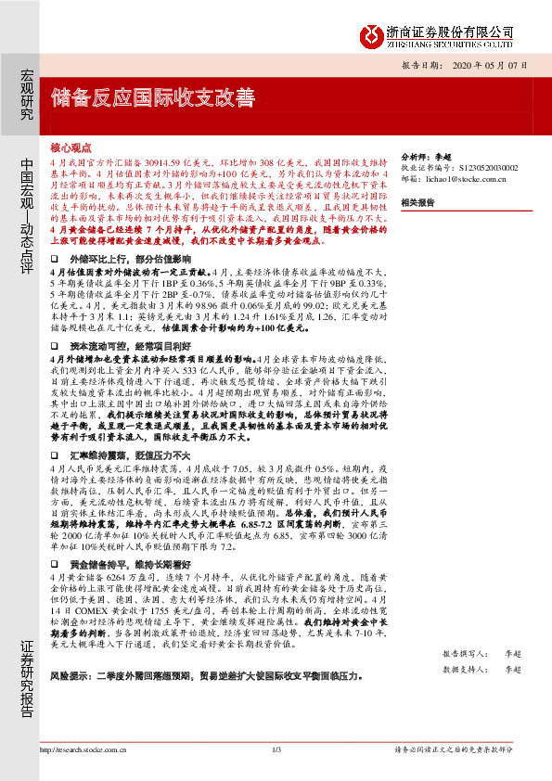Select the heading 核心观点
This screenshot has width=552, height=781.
pyautogui.click(x=71, y=147)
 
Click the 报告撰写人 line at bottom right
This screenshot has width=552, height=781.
pyautogui.click(x=488, y=654)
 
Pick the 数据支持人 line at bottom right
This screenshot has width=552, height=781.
pyautogui.click(x=488, y=668)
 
